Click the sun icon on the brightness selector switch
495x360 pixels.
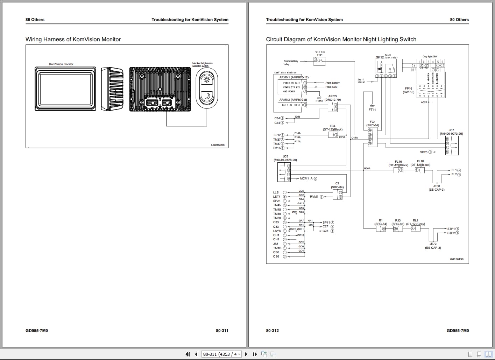coord(206,80)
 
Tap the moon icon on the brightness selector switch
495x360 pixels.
coord(206,96)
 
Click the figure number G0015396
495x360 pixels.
coord(218,145)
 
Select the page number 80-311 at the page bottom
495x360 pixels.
coord(222,331)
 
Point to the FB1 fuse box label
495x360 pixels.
coord(320,55)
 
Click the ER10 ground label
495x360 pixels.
coord(319,101)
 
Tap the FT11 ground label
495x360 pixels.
coord(372,110)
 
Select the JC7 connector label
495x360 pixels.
coord(451,130)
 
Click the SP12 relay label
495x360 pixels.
coord(379,57)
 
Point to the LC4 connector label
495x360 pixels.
coord(332,126)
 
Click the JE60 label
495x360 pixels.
coord(437,186)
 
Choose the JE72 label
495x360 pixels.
coord(433,244)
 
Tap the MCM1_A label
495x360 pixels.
coord(306,178)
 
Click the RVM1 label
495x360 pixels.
coord(314,197)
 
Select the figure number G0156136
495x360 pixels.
coord(457,259)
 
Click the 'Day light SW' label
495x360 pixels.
coord(430,56)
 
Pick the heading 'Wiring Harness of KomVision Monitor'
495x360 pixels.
coord(73,40)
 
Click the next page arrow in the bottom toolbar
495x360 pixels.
coord(246,354)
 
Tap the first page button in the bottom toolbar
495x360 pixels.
coord(188,354)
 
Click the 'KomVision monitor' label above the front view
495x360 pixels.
coord(61,64)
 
